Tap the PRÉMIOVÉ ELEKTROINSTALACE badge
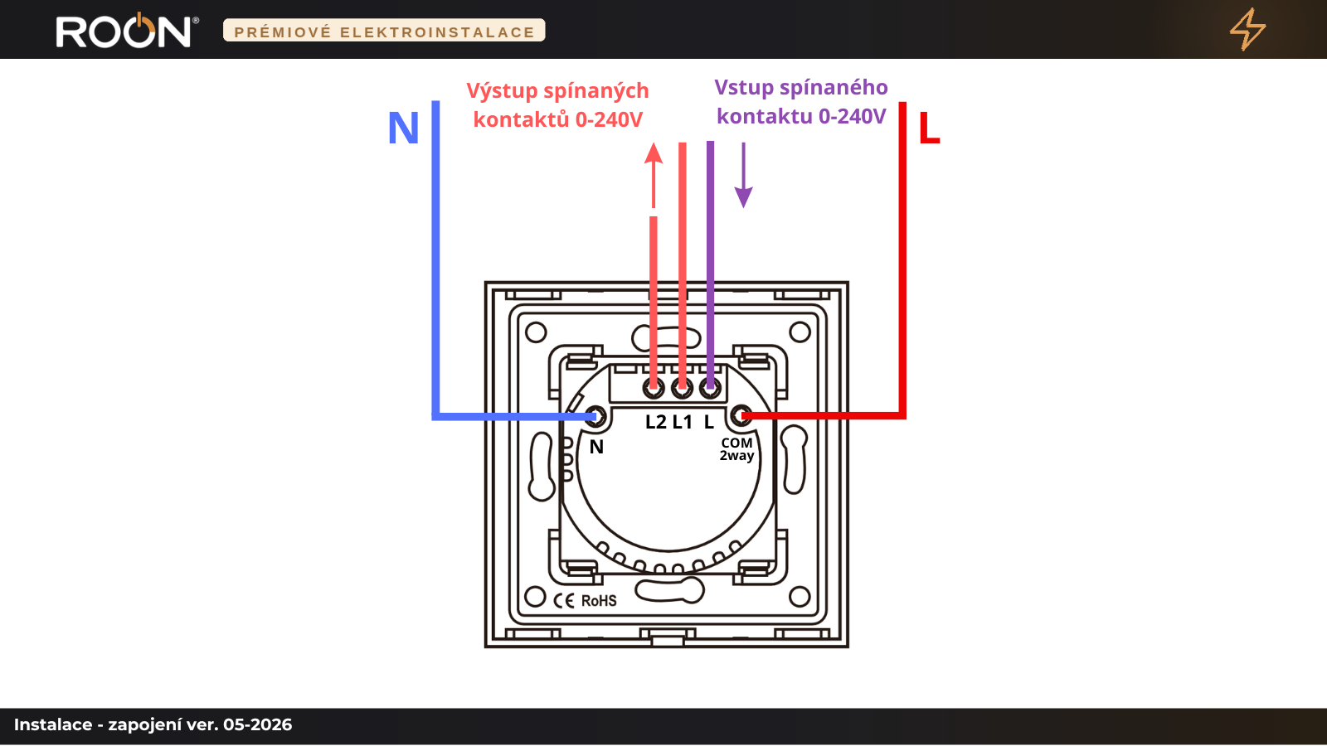pyautogui.click(x=384, y=31)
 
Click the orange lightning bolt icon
pyautogui.click(x=1247, y=29)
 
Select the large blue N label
pyautogui.click(x=403, y=128)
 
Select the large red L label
pyautogui.click(x=929, y=128)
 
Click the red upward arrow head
pyautogui.click(x=654, y=153)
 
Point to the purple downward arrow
pyautogui.click(x=743, y=175)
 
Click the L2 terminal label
pyautogui.click(x=656, y=422)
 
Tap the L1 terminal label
pyautogui.click(x=683, y=422)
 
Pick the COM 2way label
pyautogui.click(x=737, y=449)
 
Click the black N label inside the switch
pyautogui.click(x=596, y=447)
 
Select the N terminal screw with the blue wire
pyautogui.click(x=595, y=417)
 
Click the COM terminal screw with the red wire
pyautogui.click(x=741, y=416)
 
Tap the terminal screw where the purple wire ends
pyautogui.click(x=710, y=389)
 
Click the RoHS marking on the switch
pyautogui.click(x=599, y=601)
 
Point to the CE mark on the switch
pyautogui.click(x=564, y=601)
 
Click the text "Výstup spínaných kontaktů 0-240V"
pyautogui.click(x=557, y=105)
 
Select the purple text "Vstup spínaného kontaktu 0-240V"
pyautogui.click(x=801, y=102)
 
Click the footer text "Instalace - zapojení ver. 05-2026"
pyautogui.click(x=153, y=724)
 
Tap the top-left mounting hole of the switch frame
pyautogui.click(x=536, y=332)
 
